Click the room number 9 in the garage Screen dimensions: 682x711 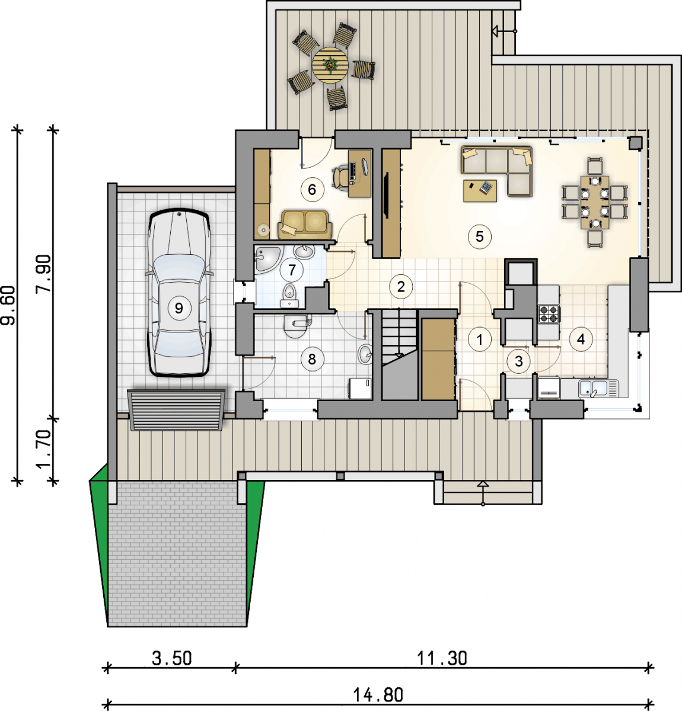coord(179,308)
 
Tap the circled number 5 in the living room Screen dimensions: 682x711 coord(479,237)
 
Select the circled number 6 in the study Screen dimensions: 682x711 coord(311,189)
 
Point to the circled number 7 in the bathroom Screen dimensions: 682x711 coord(291,270)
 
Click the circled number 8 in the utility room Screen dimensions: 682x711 coord(311,359)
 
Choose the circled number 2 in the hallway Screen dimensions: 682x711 coord(401,286)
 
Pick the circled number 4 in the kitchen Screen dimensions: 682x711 coord(581,340)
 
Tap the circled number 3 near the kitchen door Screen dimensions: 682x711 coord(518,361)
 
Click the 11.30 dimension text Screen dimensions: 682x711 coord(442,658)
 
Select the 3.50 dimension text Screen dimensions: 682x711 coord(172,658)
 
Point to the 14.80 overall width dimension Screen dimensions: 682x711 coord(378,694)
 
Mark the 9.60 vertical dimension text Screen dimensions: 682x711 coord(8,306)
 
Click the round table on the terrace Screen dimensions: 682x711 coord(330,65)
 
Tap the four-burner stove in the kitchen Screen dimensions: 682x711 coord(549,314)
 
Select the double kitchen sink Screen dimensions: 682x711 coord(598,388)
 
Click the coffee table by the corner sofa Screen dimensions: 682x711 coord(480,190)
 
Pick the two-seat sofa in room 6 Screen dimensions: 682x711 coord(305,223)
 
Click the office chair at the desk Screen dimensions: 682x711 coord(341,176)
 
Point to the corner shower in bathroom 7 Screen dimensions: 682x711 coord(268,259)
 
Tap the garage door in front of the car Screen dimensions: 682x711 coord(176,410)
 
